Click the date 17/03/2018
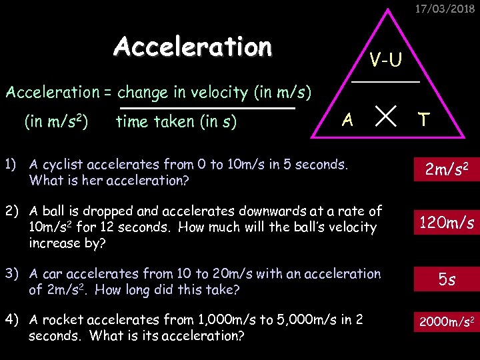(445, 9)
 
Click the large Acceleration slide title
(193, 47)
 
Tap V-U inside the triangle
(386, 60)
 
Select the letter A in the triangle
(347, 120)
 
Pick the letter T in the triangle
(423, 120)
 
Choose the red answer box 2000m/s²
(446, 322)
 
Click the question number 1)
(11, 164)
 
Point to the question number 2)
(13, 211)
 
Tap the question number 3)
(13, 274)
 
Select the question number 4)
(13, 320)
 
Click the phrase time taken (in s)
(176, 121)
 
